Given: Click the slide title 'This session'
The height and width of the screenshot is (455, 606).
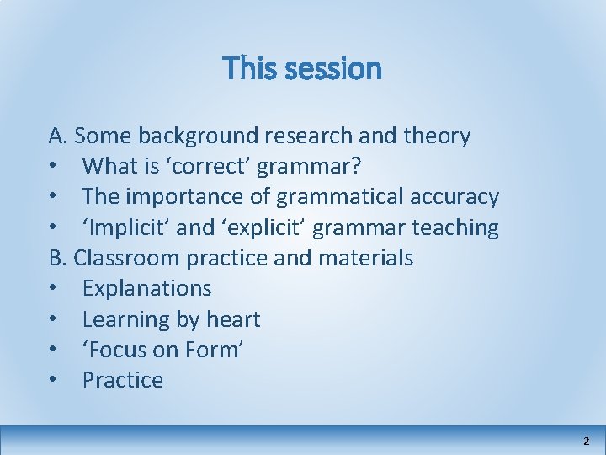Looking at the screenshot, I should click(302, 68).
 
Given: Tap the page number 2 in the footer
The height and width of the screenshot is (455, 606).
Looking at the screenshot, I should click(586, 441).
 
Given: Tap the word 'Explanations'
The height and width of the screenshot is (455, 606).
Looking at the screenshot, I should click(146, 288).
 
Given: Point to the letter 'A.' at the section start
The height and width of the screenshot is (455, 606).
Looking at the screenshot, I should click(58, 136).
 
